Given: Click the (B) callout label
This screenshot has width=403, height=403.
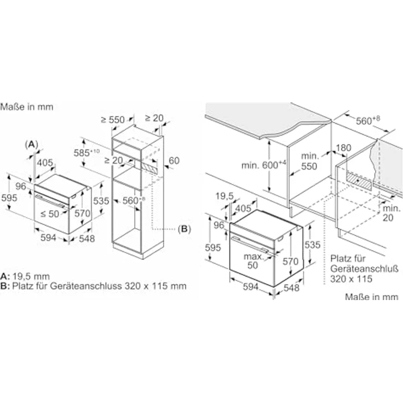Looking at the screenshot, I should [183, 228].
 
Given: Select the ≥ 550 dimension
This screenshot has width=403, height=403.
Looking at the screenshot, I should [113, 120].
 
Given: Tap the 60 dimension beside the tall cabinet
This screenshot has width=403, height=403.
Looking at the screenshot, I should [174, 160].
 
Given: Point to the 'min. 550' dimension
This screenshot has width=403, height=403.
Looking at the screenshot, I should [309, 162].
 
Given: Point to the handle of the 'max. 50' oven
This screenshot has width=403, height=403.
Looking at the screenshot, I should [252, 245].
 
